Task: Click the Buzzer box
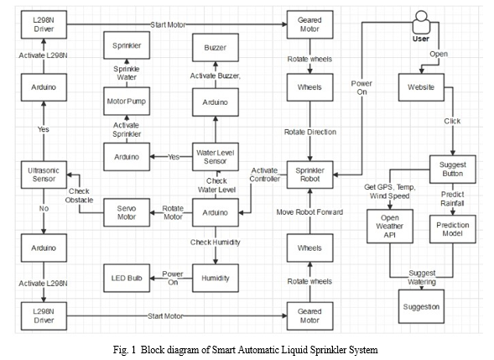pyautogui.click(x=216, y=48)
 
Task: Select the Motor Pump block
pyautogui.click(x=127, y=102)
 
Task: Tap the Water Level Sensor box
pyautogui.click(x=216, y=157)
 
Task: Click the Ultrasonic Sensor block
pyautogui.click(x=44, y=175)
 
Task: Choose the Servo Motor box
pyautogui.click(x=127, y=212)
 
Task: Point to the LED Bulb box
pyautogui.click(x=127, y=278)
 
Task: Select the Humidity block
pyautogui.click(x=216, y=278)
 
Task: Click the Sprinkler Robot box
pyautogui.click(x=310, y=175)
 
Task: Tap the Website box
pyautogui.click(x=421, y=87)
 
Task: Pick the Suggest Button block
pyautogui.click(x=453, y=169)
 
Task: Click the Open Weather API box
pyautogui.click(x=390, y=226)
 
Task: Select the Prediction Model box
pyautogui.click(x=453, y=229)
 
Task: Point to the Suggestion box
pyautogui.click(x=421, y=307)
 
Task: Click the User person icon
pyautogui.click(x=421, y=22)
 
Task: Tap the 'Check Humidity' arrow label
pyautogui.click(x=216, y=243)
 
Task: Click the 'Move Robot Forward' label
pyautogui.click(x=309, y=212)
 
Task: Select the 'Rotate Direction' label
pyautogui.click(x=310, y=132)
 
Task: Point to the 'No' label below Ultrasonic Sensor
pyautogui.click(x=44, y=208)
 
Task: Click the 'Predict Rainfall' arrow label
pyautogui.click(x=452, y=199)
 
